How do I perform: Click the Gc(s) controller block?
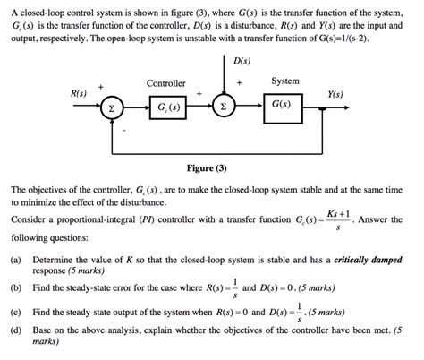[x=166, y=109]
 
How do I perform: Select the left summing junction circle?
[x=111, y=109]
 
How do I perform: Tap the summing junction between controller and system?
[x=224, y=109]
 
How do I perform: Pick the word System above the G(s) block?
[x=284, y=81]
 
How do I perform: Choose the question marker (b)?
[x=16, y=289]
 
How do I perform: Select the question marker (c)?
[x=16, y=313]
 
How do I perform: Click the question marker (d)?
[x=16, y=330]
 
